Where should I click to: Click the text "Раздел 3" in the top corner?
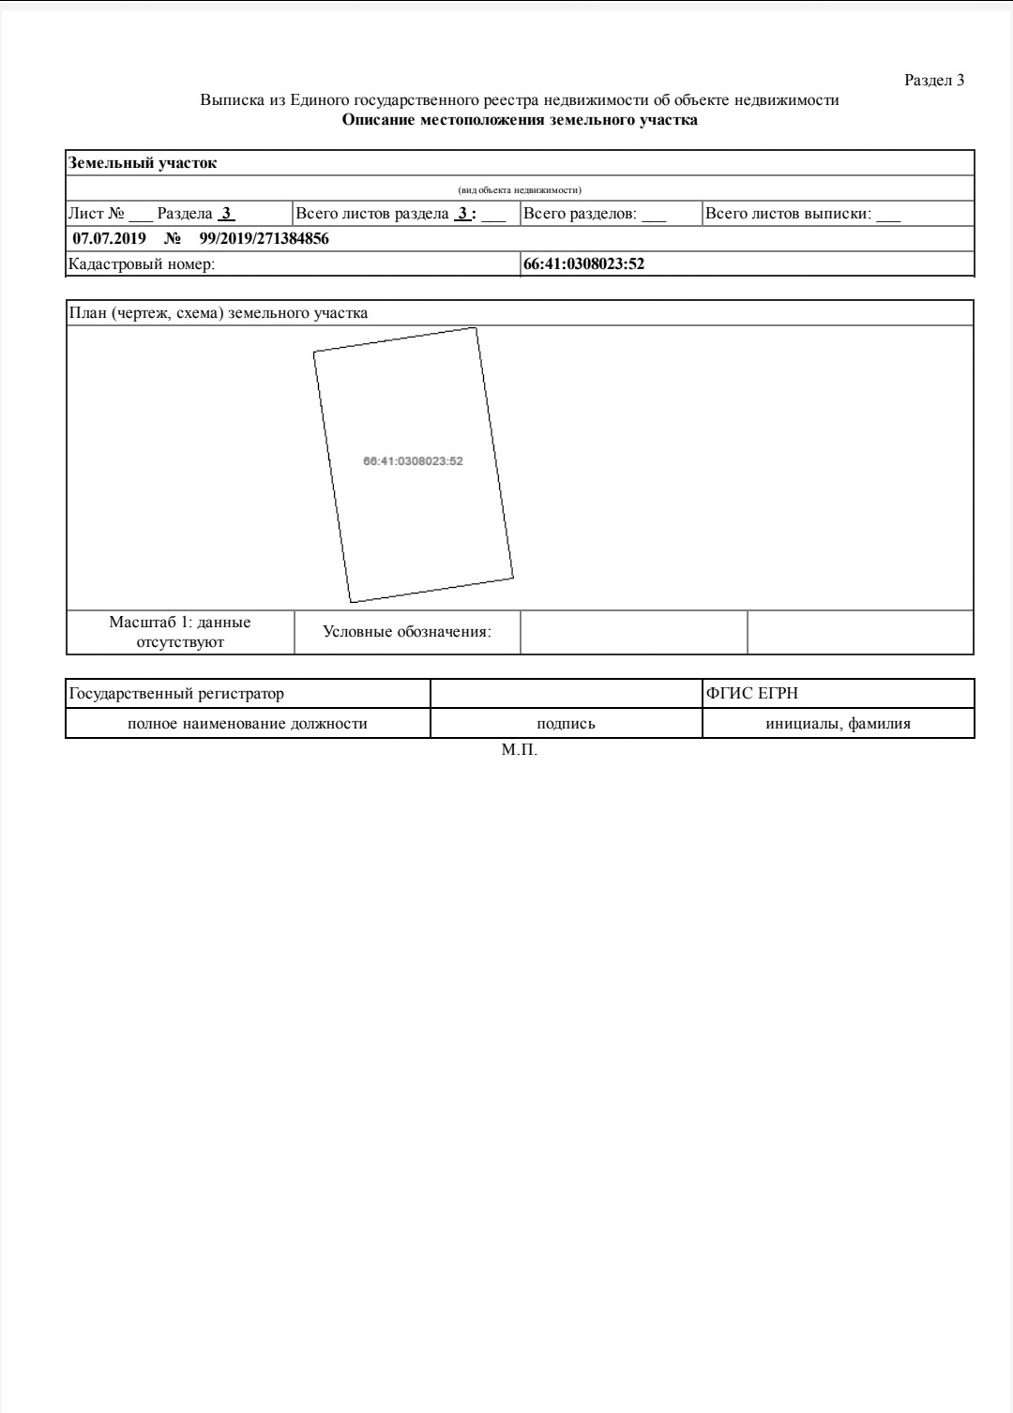(933, 81)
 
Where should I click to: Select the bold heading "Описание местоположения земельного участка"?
(519, 120)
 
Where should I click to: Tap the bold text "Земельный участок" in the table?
(143, 163)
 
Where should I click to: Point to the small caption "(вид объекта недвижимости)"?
(520, 190)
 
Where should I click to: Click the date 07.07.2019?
(103, 239)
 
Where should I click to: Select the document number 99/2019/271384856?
(264, 239)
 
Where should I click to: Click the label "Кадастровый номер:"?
(142, 264)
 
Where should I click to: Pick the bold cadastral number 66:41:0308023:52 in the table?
(583, 264)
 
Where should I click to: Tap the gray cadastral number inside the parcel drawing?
(413, 461)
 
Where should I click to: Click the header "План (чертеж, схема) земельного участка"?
(218, 313)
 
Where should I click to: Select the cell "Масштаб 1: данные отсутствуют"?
(180, 632)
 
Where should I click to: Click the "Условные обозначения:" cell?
(407, 632)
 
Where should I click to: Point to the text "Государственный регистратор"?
(176, 694)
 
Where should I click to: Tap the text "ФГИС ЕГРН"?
(752, 694)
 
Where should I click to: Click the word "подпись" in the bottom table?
(566, 724)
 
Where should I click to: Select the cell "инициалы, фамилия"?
(838, 724)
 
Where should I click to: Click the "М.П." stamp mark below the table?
(520, 751)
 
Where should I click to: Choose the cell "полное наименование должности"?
(248, 724)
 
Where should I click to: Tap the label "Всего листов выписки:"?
(788, 214)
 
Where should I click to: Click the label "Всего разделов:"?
(580, 214)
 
